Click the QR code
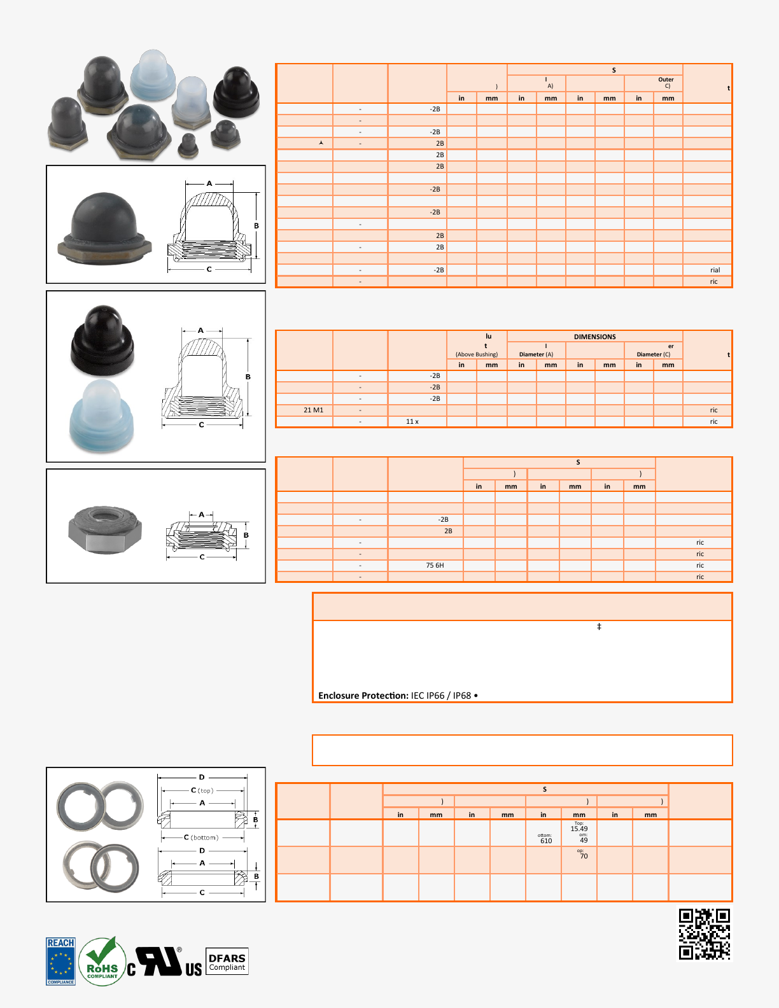pos(704,934)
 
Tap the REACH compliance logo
pos(60,961)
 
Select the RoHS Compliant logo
pos(102,962)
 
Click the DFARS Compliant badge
pos(227,962)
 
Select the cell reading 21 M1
pos(313,410)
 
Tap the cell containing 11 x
pos(412,421)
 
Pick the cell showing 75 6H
pos(435,565)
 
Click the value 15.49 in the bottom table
pos(579,829)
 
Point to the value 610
pos(546,841)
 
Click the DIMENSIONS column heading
pos(594,337)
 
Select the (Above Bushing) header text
pos(477,354)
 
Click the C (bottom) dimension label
pos(200,837)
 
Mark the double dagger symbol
pos(599,627)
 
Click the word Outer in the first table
pos(666,80)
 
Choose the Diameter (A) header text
pos(536,354)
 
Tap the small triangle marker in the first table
pos(321,143)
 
